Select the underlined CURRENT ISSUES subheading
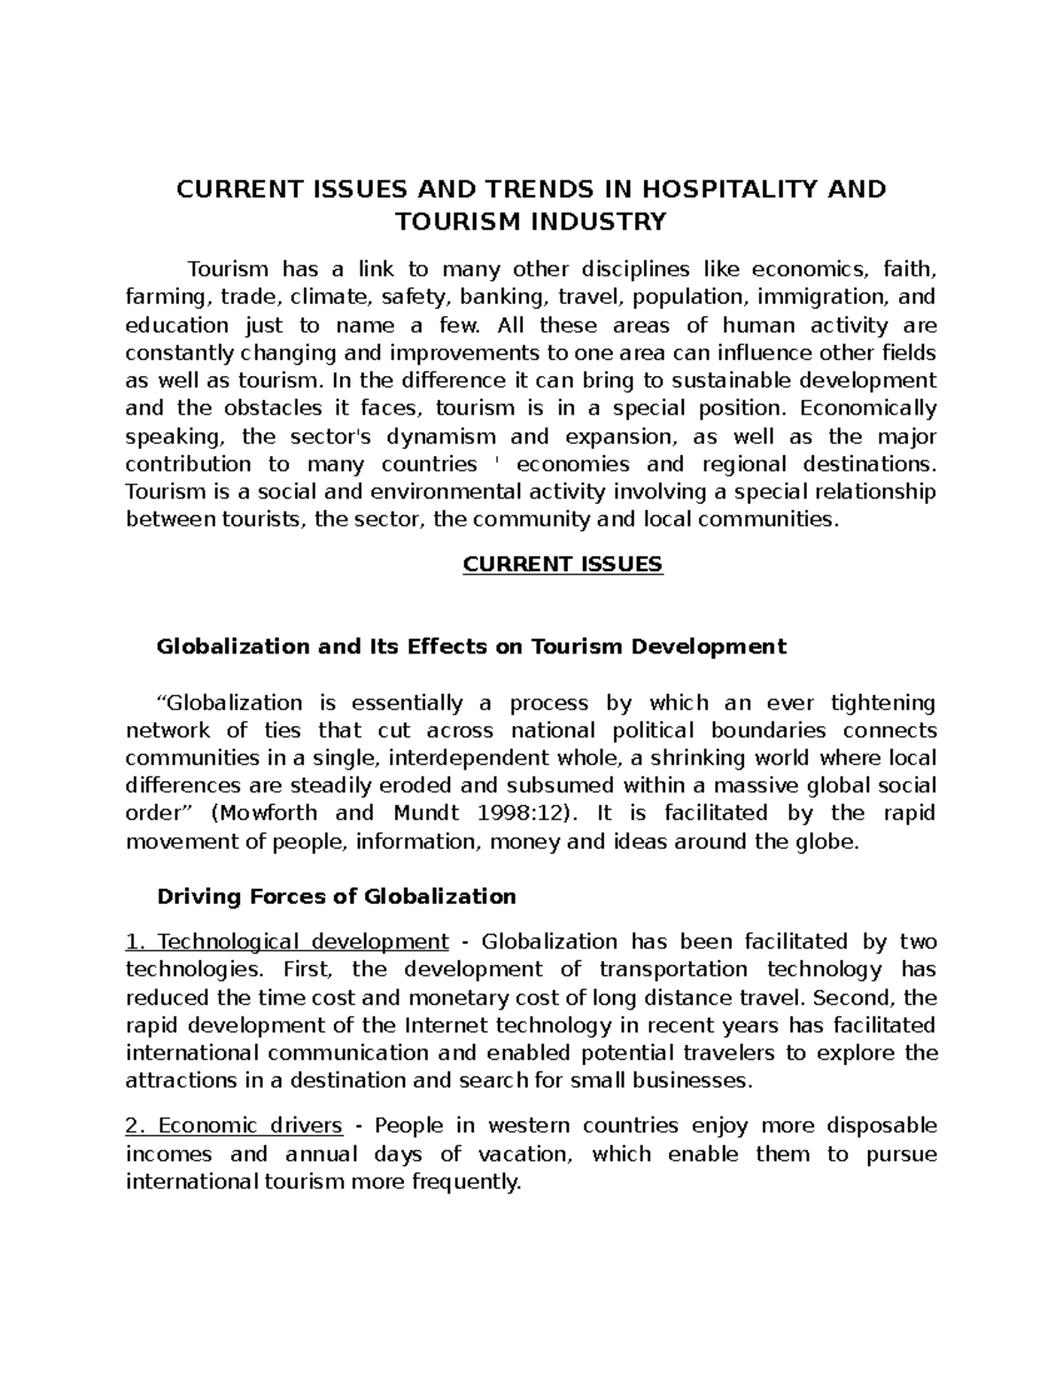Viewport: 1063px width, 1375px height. coord(563,565)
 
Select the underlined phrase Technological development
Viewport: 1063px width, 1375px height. coord(288,941)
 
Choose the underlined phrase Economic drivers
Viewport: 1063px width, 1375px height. coord(235,1126)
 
